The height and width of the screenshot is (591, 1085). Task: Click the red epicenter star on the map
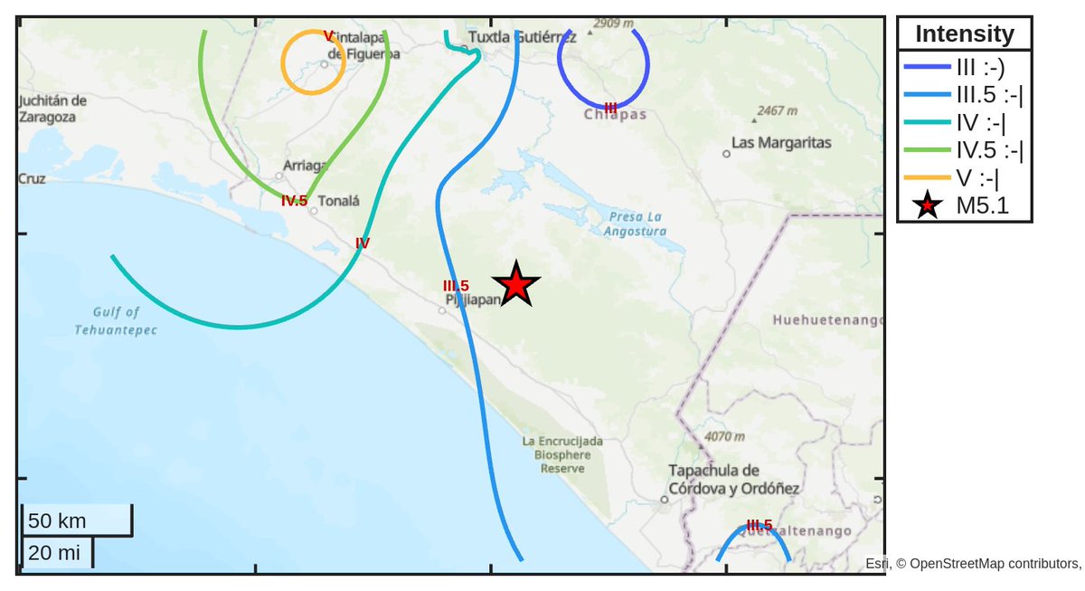pyautogui.click(x=515, y=284)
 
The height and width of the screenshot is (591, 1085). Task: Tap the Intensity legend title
pyautogui.click(x=964, y=34)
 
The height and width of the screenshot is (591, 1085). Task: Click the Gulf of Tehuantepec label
pyautogui.click(x=116, y=321)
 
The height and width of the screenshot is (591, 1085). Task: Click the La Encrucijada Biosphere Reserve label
pyautogui.click(x=562, y=454)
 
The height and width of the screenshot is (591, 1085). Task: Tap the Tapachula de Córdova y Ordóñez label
pyautogui.click(x=733, y=480)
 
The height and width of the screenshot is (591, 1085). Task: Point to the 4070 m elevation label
pyautogui.click(x=723, y=436)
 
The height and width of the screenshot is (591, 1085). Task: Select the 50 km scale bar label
pyautogui.click(x=57, y=521)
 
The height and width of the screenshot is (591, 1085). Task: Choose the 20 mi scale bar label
pyautogui.click(x=54, y=553)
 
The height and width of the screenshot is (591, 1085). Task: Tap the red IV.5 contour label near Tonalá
pyautogui.click(x=294, y=201)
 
